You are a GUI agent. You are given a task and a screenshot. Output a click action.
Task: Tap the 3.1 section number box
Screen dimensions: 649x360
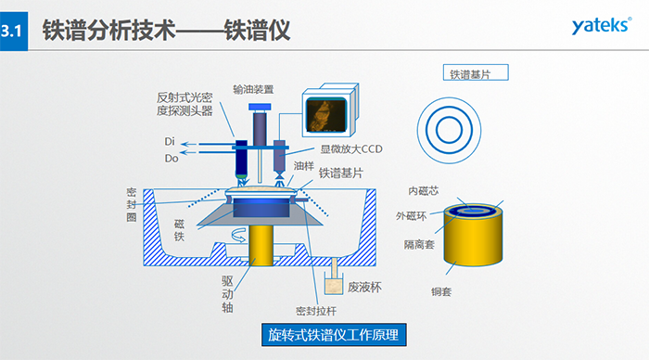coord(14,31)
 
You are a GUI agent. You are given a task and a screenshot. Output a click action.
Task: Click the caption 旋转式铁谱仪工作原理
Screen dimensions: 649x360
coord(334,335)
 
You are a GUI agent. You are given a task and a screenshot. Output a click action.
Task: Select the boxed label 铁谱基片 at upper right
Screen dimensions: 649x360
coord(476,73)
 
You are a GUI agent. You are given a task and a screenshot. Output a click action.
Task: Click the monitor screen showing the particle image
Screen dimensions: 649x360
coord(325,115)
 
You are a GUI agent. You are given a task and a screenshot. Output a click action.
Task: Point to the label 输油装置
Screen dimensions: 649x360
coord(253,89)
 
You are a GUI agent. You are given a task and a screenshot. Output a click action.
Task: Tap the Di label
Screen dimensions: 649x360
coord(170,142)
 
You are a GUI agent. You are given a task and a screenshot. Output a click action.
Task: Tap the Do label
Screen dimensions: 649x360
coord(172,159)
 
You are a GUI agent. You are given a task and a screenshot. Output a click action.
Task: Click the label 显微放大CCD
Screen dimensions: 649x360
coord(351,149)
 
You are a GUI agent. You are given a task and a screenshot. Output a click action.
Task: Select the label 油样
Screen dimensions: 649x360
coord(303,166)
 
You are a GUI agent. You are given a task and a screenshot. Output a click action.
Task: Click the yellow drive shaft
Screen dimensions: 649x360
coord(261,245)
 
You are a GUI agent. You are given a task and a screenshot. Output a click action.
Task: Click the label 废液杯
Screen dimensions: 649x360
coord(364,287)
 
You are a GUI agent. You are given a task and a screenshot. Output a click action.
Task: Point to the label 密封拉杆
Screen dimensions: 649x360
coord(316,311)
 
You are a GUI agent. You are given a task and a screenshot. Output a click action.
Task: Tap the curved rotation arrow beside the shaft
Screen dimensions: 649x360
coord(238,235)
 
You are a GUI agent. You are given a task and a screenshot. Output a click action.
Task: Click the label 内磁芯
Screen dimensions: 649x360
coord(423,190)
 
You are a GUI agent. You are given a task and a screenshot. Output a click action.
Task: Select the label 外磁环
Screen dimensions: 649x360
coord(411,216)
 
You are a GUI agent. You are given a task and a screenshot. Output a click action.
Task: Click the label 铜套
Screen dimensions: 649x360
coord(440,291)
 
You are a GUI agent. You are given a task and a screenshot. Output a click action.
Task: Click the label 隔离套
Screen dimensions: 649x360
coord(419,244)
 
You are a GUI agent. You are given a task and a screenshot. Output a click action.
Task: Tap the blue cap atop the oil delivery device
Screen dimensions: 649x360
coord(260,107)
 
